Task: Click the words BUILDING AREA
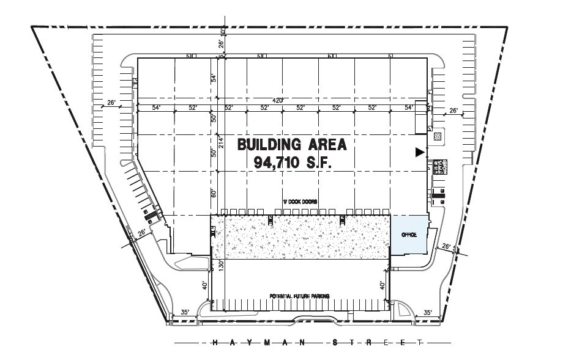click(x=292, y=145)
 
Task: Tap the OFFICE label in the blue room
click(x=409, y=235)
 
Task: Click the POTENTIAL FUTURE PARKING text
click(x=300, y=296)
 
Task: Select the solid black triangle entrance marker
click(x=419, y=153)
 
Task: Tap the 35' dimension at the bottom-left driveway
click(x=185, y=313)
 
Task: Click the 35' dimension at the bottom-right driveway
click(x=428, y=313)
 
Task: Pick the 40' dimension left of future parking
click(x=206, y=285)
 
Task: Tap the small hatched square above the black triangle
click(x=437, y=137)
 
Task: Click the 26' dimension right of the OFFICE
click(x=447, y=247)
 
